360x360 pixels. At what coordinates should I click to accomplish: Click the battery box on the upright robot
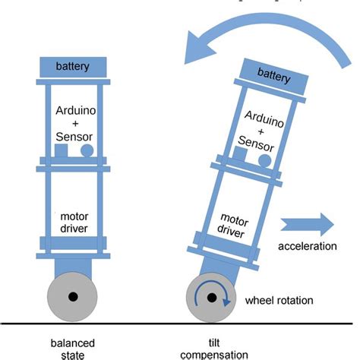(x=73, y=66)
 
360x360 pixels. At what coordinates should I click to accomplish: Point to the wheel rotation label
(x=279, y=301)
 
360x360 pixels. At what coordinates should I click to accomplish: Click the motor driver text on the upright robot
(x=73, y=221)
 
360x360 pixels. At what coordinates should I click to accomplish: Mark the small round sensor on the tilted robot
(x=264, y=161)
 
